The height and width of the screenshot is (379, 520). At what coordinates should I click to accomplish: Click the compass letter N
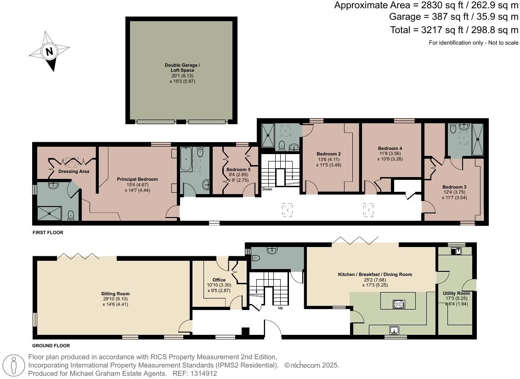49,52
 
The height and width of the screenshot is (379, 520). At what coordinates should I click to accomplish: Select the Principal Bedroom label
137,179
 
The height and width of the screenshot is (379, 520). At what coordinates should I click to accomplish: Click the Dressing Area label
73,172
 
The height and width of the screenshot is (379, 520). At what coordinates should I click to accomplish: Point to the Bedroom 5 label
238,170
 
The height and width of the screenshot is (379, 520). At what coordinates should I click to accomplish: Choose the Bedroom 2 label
328,154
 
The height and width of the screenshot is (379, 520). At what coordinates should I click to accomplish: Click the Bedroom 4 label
390,149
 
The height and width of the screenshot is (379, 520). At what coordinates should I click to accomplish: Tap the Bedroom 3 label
454,187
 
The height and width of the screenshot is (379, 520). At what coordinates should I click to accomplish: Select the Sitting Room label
115,293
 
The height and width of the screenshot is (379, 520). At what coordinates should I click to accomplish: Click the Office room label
219,280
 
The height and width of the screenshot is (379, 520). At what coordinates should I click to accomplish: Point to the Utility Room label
456,293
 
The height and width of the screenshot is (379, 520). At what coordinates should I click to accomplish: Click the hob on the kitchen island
398,304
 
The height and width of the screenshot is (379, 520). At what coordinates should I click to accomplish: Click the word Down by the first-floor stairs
267,189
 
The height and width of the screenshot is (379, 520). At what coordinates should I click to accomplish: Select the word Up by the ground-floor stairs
280,308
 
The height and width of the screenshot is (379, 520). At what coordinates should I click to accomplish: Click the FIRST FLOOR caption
48,233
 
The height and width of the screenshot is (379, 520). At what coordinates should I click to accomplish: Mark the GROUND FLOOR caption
51,345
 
